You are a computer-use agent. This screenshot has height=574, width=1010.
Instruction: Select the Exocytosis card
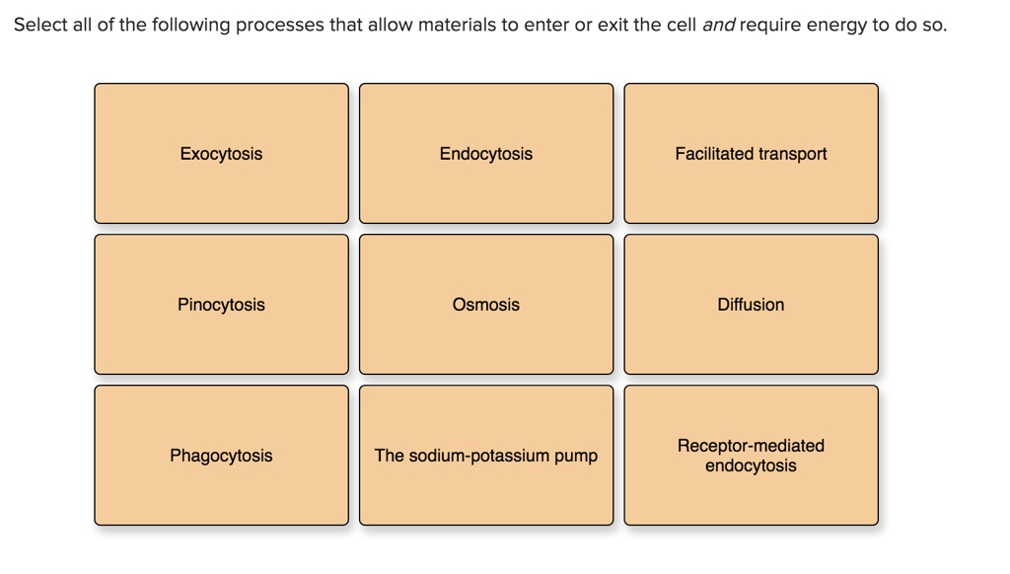[221, 154]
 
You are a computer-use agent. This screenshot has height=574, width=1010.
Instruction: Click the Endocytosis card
[485, 154]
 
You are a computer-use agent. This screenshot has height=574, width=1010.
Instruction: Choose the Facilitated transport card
[751, 154]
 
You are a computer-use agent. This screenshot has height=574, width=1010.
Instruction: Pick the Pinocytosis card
[221, 305]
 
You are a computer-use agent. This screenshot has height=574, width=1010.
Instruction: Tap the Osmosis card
[485, 305]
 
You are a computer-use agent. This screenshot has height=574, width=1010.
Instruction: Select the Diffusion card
[751, 305]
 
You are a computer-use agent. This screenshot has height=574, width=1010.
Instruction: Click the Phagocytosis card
[221, 456]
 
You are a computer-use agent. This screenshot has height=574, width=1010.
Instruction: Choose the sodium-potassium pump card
[485, 456]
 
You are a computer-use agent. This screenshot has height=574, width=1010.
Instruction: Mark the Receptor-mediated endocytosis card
[751, 456]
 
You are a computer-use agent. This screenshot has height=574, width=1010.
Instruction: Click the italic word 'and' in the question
[718, 26]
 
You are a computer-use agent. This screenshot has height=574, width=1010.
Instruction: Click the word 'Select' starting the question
[40, 26]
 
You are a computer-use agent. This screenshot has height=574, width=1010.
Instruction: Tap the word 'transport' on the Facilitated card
[793, 154]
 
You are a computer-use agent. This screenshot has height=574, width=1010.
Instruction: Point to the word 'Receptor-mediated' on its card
[751, 446]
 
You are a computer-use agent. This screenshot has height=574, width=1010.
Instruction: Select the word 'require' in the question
[770, 26]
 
